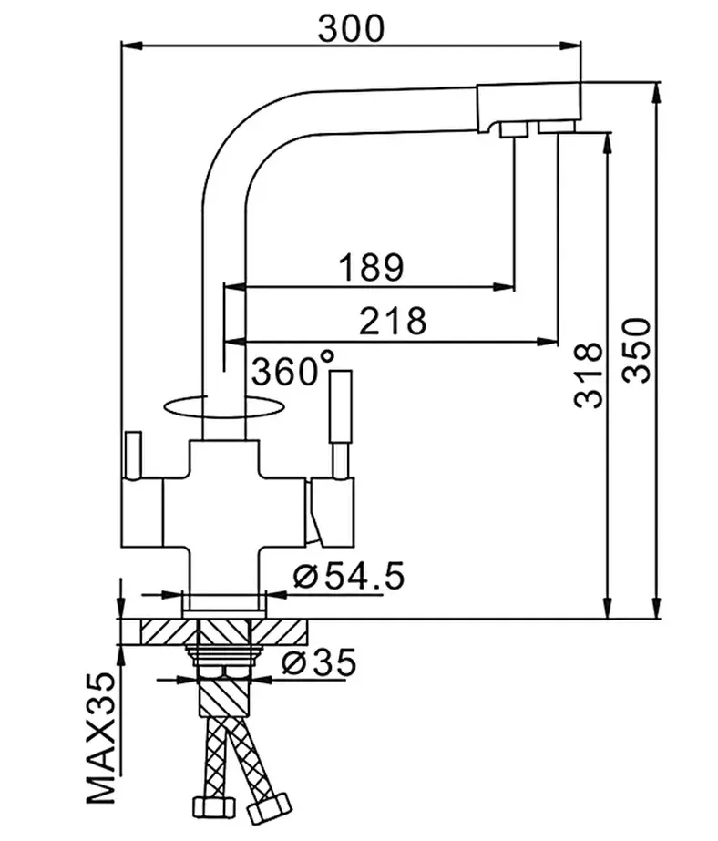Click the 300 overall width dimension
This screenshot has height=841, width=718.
pos(351,28)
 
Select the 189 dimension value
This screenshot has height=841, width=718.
pos(372,267)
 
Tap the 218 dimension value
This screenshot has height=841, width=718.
pos(393,320)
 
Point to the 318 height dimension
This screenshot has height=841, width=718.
pos(589,374)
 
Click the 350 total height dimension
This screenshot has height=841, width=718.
pos(637,351)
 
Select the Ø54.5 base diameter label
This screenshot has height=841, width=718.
pos(349,577)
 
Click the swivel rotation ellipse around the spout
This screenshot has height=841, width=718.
pos(222,416)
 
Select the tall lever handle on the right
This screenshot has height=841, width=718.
pos(341,423)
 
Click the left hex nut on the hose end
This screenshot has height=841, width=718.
pos(213,805)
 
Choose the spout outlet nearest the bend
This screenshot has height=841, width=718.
pos(514,129)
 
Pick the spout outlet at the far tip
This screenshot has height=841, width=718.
pos(557,127)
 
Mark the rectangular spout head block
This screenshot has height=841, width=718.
pos(528,108)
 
